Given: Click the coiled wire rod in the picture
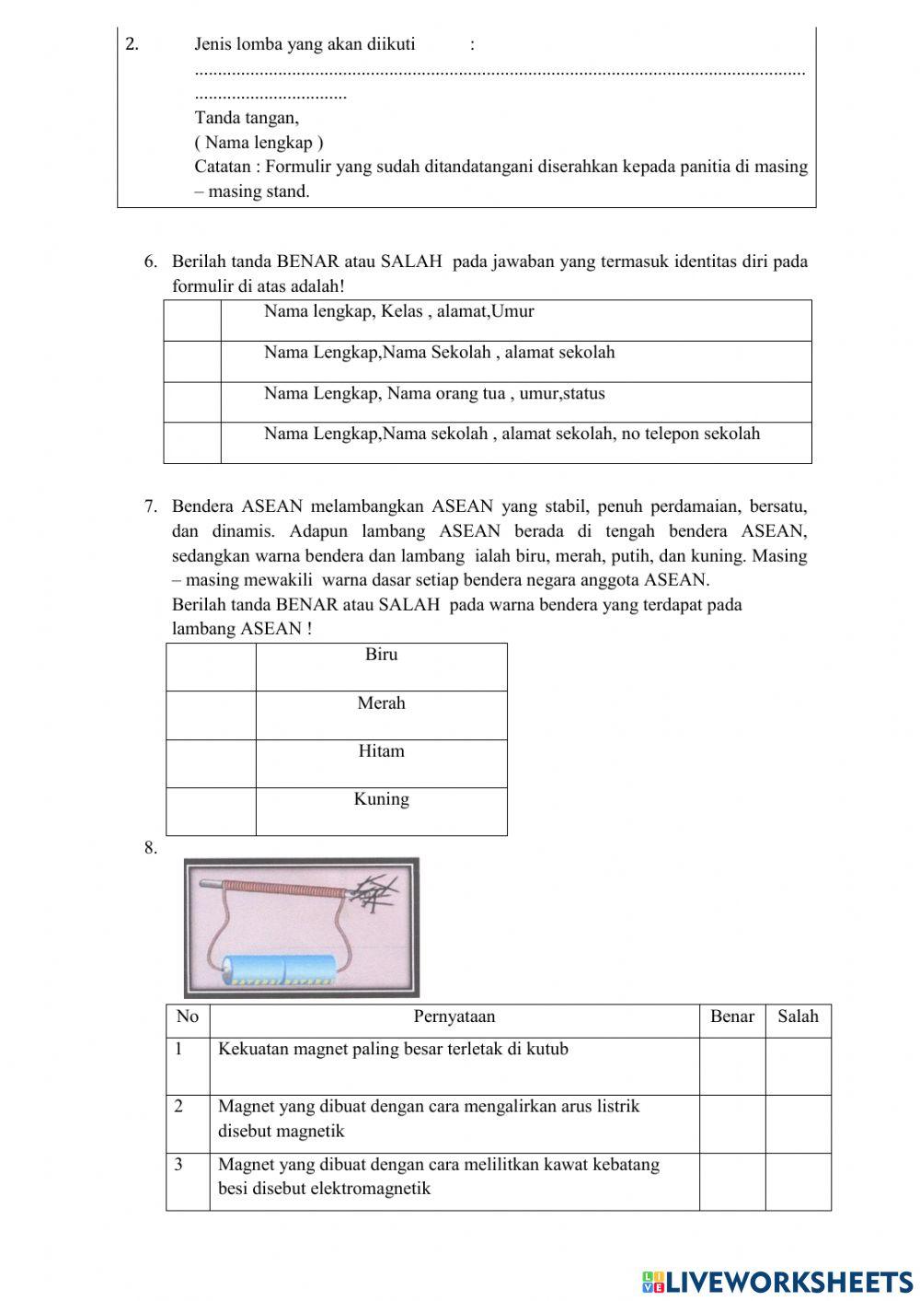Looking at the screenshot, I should click(x=281, y=889).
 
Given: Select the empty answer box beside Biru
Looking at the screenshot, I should click(x=211, y=667).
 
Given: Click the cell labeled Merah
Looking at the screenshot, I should click(x=381, y=703).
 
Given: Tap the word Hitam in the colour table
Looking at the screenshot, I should click(x=381, y=751).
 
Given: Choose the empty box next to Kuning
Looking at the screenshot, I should click(x=211, y=811).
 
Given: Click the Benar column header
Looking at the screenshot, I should click(x=731, y=1016).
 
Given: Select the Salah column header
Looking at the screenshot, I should click(x=798, y=1016).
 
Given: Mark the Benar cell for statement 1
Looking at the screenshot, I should click(x=731, y=1066).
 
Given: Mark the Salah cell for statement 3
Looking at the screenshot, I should click(x=798, y=1181).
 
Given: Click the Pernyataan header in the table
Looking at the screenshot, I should click(x=454, y=1016).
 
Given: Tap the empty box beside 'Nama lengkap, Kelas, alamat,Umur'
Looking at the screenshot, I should click(x=192, y=320).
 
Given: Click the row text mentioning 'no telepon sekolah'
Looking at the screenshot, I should click(x=512, y=434).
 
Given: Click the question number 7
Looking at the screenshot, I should click(x=151, y=506).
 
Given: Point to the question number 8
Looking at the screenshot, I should click(x=151, y=849).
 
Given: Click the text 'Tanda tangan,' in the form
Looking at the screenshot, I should click(x=247, y=118).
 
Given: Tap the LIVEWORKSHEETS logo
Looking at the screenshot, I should click(x=776, y=1281).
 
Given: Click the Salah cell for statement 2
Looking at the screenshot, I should click(x=798, y=1123).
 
